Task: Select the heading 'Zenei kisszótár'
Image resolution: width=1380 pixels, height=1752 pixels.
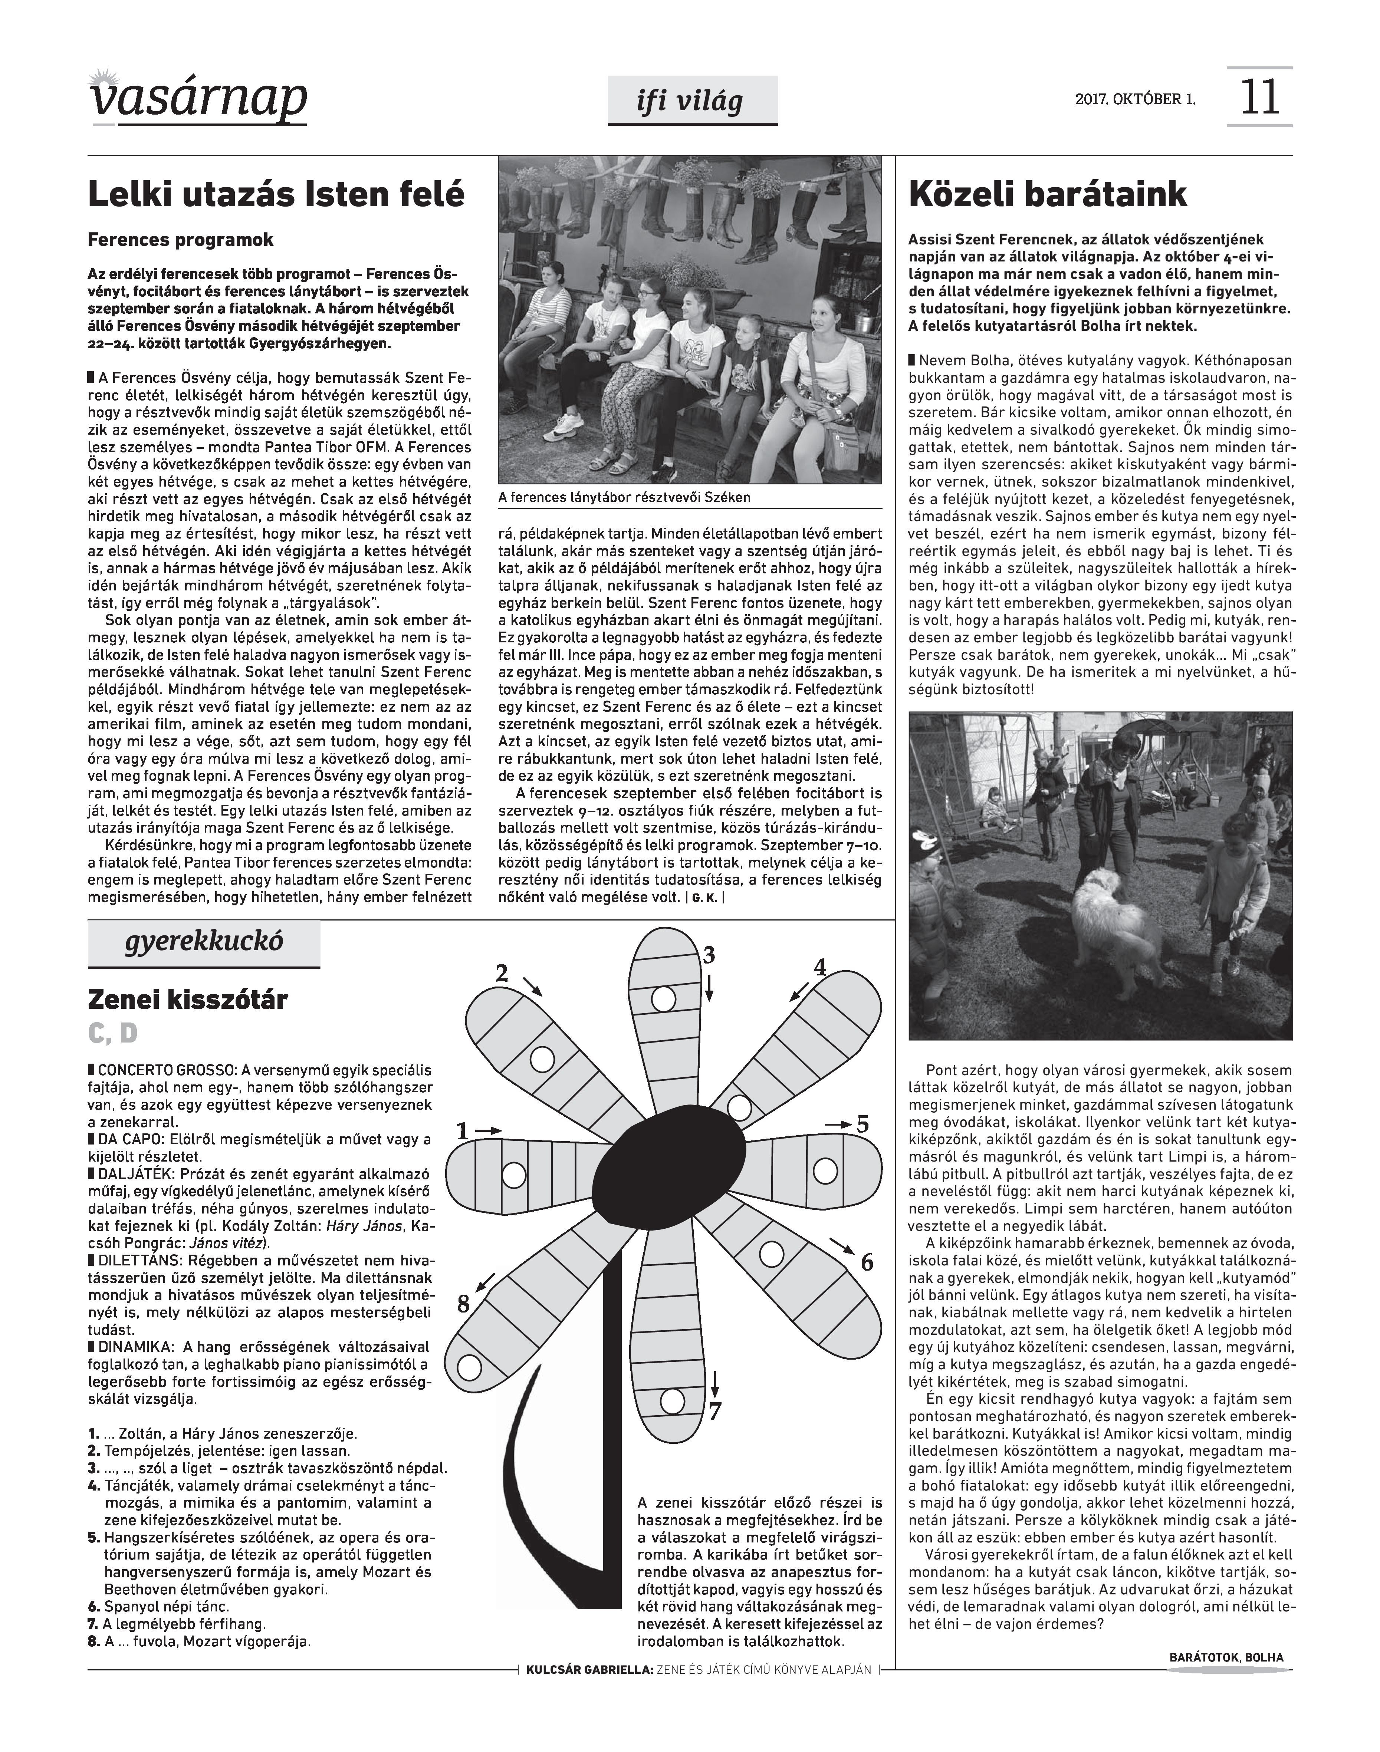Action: click(x=187, y=1000)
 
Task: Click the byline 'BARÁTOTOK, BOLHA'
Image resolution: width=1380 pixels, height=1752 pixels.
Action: click(x=1226, y=1657)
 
